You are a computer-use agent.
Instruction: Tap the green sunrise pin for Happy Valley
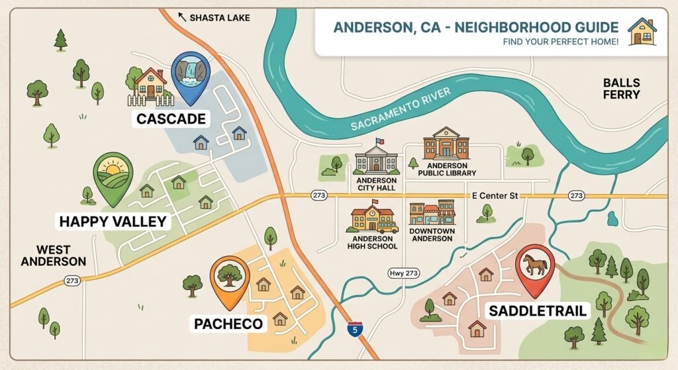pyautogui.click(x=113, y=175)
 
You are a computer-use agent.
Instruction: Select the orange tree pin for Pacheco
pyautogui.click(x=229, y=277)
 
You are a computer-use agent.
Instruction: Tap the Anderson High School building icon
pyautogui.click(x=371, y=219)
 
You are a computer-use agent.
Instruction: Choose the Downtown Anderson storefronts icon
pyautogui.click(x=432, y=214)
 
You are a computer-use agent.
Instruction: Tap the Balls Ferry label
pyautogui.click(x=621, y=89)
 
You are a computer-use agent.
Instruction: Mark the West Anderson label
pyautogui.click(x=53, y=255)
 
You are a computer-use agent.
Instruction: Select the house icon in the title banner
pyautogui.click(x=642, y=32)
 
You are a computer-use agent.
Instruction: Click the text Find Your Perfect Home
pyautogui.click(x=560, y=42)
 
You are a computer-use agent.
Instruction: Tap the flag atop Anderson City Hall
pyautogui.click(x=379, y=141)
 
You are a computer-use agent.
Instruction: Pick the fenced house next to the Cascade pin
pyautogui.click(x=150, y=85)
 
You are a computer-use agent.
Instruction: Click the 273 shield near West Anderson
pyautogui.click(x=73, y=281)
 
